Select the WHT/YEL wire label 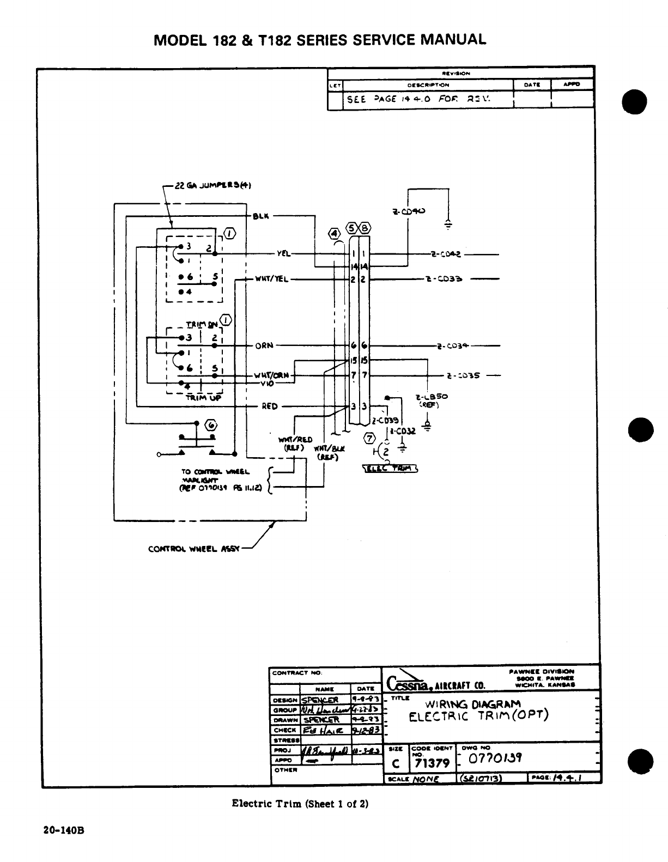pos(272,280)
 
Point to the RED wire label pos(270,406)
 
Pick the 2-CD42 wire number pos(446,254)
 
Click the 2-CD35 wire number pos(463,375)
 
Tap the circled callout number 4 pos(333,234)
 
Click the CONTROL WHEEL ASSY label pos(194,549)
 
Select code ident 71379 pos(432,764)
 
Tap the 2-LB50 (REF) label pos(427,400)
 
